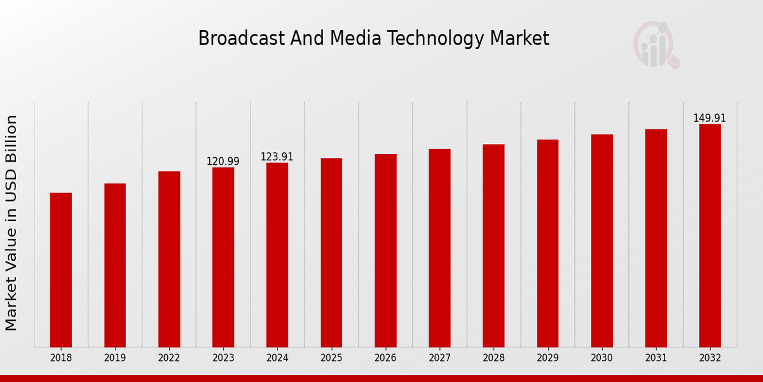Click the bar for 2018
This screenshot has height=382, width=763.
tap(61, 270)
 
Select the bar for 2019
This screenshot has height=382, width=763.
tap(115, 265)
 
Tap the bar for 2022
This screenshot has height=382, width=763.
tap(169, 259)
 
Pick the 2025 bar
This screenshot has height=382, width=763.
tap(331, 253)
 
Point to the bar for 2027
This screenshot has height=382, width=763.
tap(439, 248)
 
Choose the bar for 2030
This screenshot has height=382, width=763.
tap(601, 241)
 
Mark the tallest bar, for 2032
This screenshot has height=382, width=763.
tap(710, 236)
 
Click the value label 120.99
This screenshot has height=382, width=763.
tap(223, 162)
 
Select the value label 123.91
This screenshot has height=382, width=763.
tap(277, 157)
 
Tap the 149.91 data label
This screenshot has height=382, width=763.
tap(710, 118)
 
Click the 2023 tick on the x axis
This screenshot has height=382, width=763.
tap(223, 358)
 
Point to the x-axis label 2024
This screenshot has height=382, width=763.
tap(277, 358)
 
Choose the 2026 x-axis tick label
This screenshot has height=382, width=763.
tap(385, 358)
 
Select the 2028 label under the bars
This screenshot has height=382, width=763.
tap(493, 358)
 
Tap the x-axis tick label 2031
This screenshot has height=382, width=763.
tap(656, 358)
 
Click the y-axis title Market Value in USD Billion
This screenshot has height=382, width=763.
tap(11, 223)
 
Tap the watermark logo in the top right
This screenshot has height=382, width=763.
tap(656, 45)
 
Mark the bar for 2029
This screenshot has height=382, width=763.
tap(547, 243)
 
